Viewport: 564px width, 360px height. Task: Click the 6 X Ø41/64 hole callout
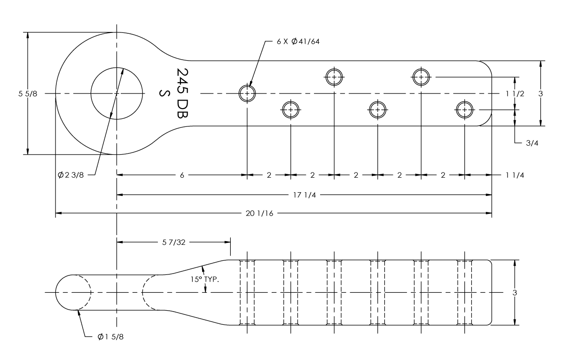click(x=298, y=41)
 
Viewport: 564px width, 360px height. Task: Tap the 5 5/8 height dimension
click(x=28, y=94)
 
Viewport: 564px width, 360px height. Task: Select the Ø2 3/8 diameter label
click(x=70, y=175)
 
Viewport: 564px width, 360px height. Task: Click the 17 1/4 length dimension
click(x=305, y=195)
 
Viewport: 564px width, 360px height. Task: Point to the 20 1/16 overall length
click(x=259, y=213)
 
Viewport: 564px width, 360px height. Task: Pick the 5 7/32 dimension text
click(x=174, y=242)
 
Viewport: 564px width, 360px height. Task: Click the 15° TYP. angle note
click(x=205, y=279)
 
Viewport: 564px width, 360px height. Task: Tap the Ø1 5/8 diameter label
click(x=110, y=337)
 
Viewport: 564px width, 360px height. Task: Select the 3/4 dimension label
click(x=532, y=143)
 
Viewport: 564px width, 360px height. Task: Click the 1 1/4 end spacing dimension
click(x=515, y=175)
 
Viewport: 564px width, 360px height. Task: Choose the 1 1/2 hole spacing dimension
click(x=515, y=94)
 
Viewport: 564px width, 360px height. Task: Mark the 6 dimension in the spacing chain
click(x=182, y=175)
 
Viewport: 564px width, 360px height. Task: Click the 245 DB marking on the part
click(x=182, y=93)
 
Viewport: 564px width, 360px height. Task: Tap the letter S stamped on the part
click(x=164, y=93)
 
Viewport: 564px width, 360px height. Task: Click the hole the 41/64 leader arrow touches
click(x=247, y=94)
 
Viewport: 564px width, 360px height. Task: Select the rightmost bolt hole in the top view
click(x=464, y=110)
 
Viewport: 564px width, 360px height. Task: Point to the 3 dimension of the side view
click(x=515, y=292)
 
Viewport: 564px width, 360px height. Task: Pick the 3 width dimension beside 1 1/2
click(x=540, y=94)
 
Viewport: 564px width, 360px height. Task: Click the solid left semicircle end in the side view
click(x=55, y=292)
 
